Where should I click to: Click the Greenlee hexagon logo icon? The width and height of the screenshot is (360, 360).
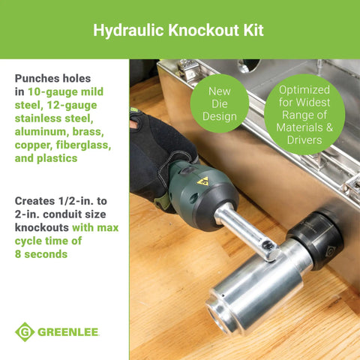25,331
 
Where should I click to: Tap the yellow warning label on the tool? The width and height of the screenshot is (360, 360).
202,181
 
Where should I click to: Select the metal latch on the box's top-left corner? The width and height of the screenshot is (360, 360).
188,70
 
